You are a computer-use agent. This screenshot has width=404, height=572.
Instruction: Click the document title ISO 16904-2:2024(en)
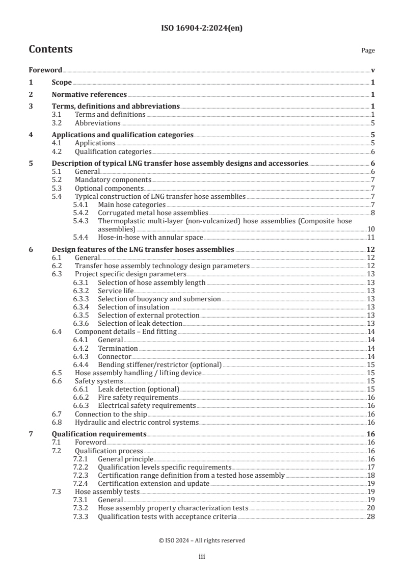pyautogui.click(x=202, y=29)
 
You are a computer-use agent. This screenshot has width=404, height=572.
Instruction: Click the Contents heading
pyautogui.click(x=50, y=49)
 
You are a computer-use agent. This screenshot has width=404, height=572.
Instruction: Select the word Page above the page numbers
pyautogui.click(x=368, y=50)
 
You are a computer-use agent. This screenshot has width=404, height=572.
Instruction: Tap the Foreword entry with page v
pyautogui.click(x=45, y=70)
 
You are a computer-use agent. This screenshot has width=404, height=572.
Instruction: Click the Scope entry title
pyautogui.click(x=62, y=82)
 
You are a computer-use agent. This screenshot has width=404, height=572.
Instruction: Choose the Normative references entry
pyautogui.click(x=89, y=94)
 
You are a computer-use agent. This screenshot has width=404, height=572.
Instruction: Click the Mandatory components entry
pyautogui.click(x=113, y=180)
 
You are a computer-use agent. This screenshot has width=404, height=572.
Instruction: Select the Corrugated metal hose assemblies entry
pyautogui.click(x=153, y=213)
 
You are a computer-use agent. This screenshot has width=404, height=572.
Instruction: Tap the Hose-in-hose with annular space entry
pyautogui.click(x=150, y=237)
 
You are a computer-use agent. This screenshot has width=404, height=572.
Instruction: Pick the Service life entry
pyautogui.click(x=116, y=291)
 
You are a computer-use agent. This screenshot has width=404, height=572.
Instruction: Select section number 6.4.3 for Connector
pyautogui.click(x=80, y=356)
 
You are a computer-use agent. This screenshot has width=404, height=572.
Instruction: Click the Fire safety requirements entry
pyautogui.click(x=138, y=397)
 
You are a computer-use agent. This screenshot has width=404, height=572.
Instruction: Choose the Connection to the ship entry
pyautogui.click(x=113, y=413)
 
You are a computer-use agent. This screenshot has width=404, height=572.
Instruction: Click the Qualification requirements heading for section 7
pyautogui.click(x=99, y=434)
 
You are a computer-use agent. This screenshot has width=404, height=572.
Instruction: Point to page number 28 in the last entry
pyautogui.click(x=371, y=516)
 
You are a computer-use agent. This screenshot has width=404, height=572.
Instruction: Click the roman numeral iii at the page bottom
pyautogui.click(x=202, y=557)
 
